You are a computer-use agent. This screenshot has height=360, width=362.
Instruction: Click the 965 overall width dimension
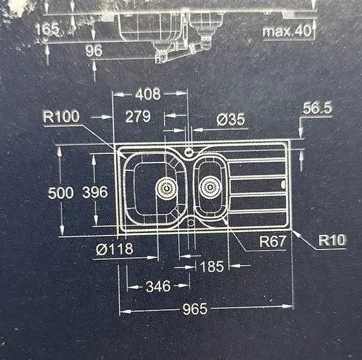pyautogui.click(x=195, y=309)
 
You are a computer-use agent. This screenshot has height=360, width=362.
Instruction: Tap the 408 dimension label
pyautogui.click(x=148, y=94)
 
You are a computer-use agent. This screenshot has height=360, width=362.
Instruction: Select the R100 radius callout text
pyautogui.click(x=61, y=117)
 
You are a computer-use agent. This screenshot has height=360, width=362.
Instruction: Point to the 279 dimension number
pyautogui.click(x=138, y=117)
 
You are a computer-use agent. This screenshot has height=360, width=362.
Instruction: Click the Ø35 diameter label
pyautogui.click(x=230, y=120)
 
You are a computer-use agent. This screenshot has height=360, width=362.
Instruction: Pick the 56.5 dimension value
pyautogui.click(x=317, y=108)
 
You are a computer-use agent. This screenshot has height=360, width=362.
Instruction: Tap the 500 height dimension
pyautogui.click(x=61, y=193)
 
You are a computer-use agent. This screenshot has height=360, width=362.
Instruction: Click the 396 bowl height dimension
pyautogui.click(x=95, y=192)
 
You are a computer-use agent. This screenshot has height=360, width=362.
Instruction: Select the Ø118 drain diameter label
pyautogui.click(x=115, y=249)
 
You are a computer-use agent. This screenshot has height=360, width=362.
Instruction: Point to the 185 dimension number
pyautogui.click(x=212, y=266)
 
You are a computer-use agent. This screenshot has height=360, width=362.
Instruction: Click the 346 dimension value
pyautogui.click(x=158, y=286)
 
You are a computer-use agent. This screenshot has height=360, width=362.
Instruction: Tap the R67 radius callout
pyautogui.click(x=273, y=242)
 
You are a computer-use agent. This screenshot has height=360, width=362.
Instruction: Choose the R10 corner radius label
pyautogui.click(x=332, y=240)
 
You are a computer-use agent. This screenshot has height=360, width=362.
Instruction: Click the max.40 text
pyautogui.click(x=287, y=31)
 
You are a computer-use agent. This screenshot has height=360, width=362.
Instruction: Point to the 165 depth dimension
pyautogui.click(x=47, y=30)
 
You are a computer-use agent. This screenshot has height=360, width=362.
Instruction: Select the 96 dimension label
pyautogui.click(x=94, y=51)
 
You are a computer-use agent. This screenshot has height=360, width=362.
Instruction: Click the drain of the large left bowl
pyautogui.click(x=166, y=188)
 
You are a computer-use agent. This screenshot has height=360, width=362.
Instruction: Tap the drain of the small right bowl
pyautogui.click(x=209, y=187)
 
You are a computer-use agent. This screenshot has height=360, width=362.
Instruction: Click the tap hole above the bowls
pyautogui.click(x=189, y=152)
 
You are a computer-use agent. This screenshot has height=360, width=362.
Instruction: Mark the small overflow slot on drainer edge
pyautogui.click(x=283, y=184)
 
